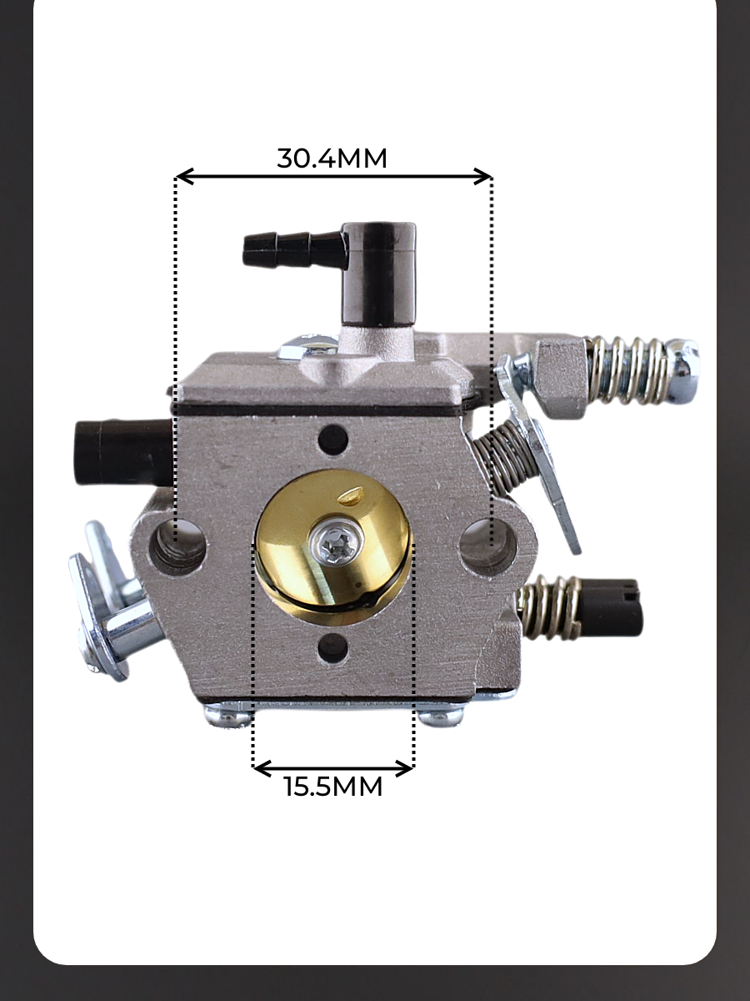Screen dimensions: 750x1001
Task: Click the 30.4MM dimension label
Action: pyautogui.click(x=332, y=158)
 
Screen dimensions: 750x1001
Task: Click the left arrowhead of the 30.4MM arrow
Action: pyautogui.click(x=184, y=177)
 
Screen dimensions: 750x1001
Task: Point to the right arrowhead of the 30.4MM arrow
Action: pyautogui.click(x=483, y=177)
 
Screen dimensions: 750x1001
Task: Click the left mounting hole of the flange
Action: pyautogui.click(x=177, y=547)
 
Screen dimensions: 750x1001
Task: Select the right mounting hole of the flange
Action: pyautogui.click(x=488, y=546)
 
